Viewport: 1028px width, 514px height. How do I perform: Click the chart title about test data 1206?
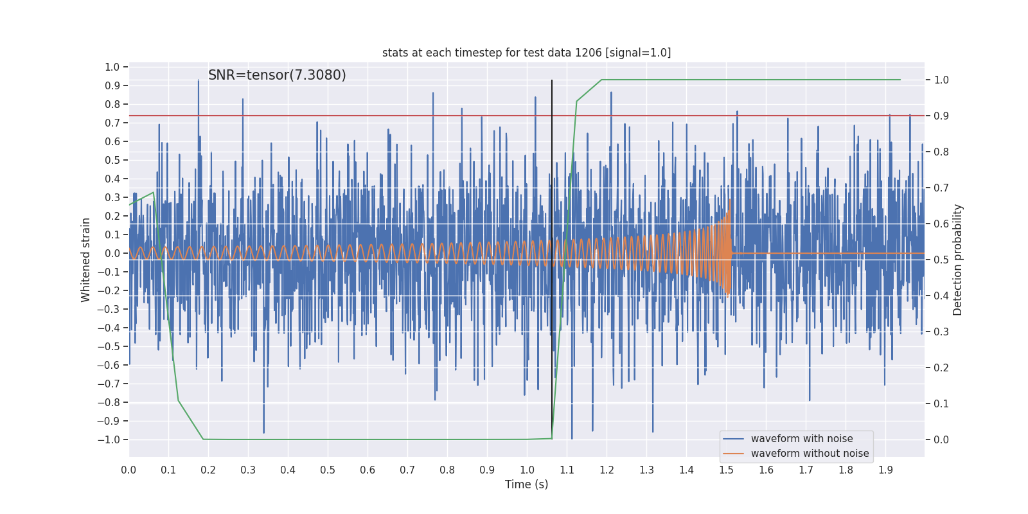pos(526,53)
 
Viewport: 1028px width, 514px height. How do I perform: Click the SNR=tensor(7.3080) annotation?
pos(277,75)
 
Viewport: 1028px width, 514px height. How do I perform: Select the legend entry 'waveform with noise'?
pos(802,439)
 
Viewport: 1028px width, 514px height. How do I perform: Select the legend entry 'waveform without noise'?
pos(810,454)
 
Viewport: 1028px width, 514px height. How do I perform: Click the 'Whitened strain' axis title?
pos(86,260)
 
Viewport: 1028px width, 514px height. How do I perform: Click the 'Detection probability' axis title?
pos(958,260)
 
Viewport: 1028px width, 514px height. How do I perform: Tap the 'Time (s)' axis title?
pos(526,484)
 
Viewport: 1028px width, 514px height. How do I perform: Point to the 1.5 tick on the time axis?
pos(726,470)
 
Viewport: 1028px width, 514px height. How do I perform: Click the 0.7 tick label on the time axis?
pos(407,470)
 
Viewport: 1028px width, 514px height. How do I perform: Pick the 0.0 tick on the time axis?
pos(128,470)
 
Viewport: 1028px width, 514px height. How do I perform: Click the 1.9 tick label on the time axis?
pos(885,470)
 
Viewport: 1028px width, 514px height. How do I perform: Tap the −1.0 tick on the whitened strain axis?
pos(109,440)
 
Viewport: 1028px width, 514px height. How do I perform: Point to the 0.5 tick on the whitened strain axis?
pos(112,161)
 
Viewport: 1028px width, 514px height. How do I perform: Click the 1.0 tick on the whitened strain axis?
pos(112,67)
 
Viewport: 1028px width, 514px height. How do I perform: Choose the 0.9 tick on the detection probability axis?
pos(941,116)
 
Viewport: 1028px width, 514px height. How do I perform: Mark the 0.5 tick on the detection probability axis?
pos(941,260)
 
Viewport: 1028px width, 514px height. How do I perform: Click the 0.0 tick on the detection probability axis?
pos(941,440)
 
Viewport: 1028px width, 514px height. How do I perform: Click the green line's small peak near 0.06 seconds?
pos(153,192)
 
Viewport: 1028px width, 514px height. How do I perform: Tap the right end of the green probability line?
pos(900,80)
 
